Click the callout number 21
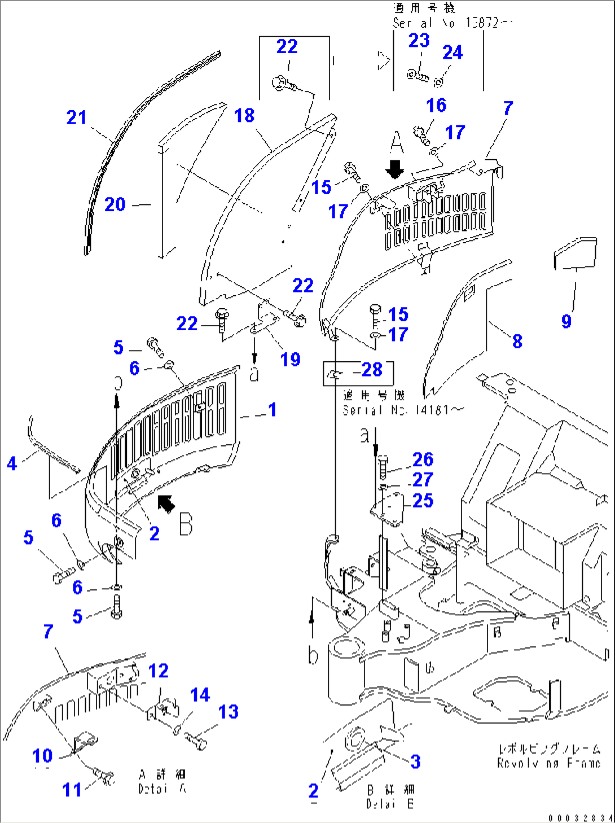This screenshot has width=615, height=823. (x=77, y=117)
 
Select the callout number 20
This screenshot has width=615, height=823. (x=115, y=204)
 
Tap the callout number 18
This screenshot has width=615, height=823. (x=244, y=116)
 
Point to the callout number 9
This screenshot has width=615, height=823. (x=566, y=321)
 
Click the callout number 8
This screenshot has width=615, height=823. (x=517, y=341)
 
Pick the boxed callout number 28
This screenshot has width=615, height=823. (x=372, y=370)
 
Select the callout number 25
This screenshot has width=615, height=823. (x=423, y=501)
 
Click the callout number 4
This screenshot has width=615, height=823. (x=12, y=463)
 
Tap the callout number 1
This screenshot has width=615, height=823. (x=272, y=409)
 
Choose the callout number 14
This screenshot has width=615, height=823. (x=200, y=695)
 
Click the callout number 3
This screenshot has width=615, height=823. (x=415, y=761)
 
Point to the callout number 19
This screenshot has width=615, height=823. (x=290, y=359)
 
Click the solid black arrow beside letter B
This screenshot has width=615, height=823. (x=166, y=504)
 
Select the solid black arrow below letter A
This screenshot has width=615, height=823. (x=395, y=168)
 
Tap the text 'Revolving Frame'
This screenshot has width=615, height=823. (x=548, y=763)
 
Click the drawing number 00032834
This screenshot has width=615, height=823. (x=580, y=817)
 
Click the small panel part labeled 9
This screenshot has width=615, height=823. (x=576, y=253)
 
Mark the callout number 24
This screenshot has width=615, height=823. (x=453, y=52)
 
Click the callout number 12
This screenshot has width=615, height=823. (x=159, y=671)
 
